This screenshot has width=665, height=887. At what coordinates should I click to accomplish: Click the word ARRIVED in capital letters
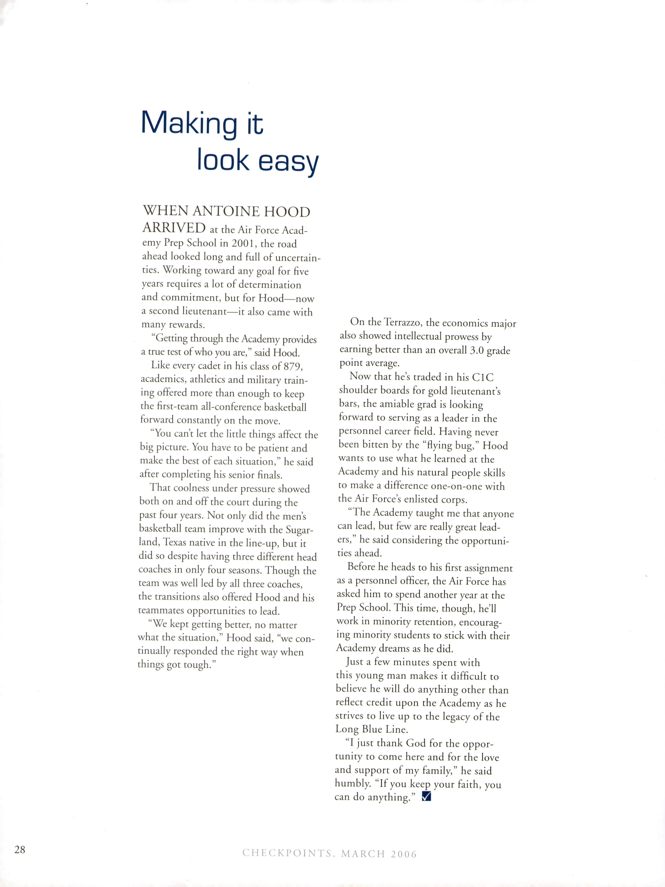point(174,228)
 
